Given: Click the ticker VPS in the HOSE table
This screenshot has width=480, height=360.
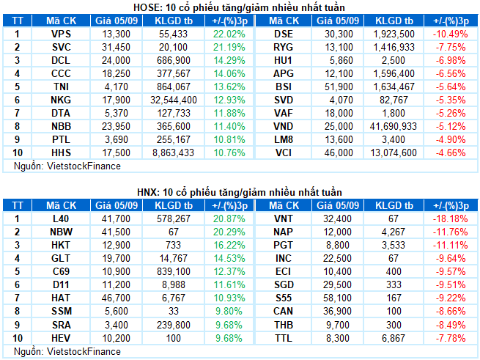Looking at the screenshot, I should click(61, 34).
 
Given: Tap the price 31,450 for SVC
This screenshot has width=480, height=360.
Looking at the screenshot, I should click(117, 48).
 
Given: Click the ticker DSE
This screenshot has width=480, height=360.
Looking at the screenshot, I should click(282, 34).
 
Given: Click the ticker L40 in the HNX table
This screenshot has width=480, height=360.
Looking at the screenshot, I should click(61, 219).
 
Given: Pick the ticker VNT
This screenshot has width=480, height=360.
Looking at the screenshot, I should click(282, 219).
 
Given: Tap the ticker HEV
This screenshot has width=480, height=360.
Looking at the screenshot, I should click(61, 338).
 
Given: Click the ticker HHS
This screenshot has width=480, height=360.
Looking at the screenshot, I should click(61, 153).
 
